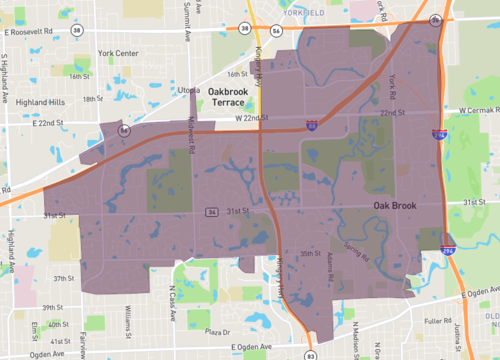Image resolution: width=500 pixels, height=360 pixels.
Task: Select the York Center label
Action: pos(118,52)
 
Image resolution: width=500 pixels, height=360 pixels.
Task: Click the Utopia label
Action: pos(189,91)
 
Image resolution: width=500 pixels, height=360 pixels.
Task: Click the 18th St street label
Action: pos(93,99)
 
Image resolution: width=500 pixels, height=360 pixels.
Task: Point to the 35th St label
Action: pos(311,253)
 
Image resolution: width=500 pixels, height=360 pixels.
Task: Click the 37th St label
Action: pos(64,278)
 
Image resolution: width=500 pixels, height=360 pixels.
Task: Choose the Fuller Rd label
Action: pos(437,321)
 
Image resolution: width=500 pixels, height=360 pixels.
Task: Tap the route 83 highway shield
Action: pos(311,353)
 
